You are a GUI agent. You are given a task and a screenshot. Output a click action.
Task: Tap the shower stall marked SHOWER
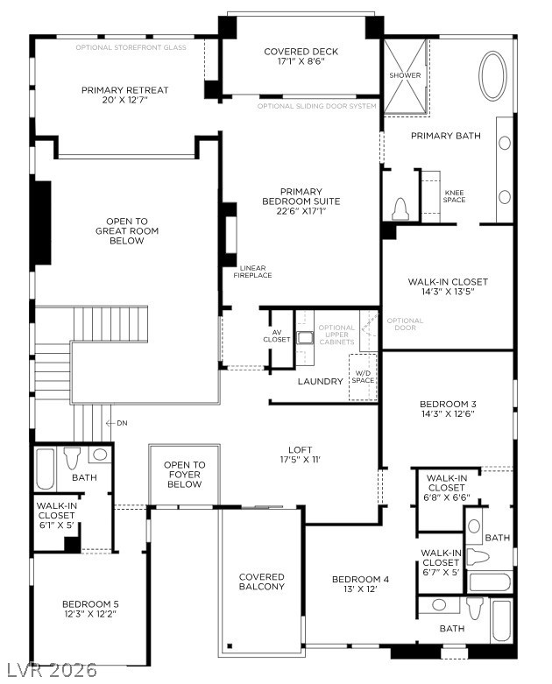point(406,76)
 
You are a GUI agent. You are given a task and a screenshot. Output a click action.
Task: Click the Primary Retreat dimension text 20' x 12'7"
point(125,101)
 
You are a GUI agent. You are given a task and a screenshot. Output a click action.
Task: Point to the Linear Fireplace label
point(252,271)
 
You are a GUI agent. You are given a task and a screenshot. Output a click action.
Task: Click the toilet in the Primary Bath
point(400,208)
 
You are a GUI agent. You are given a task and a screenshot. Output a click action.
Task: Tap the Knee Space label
point(455,196)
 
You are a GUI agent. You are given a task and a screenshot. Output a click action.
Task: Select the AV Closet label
point(276,335)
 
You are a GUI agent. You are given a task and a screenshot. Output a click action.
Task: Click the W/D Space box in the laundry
point(362,377)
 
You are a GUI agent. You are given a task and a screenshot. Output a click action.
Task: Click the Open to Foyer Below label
point(184,475)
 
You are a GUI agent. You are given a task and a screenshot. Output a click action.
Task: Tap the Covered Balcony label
point(262,582)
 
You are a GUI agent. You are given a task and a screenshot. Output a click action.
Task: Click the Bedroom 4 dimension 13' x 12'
point(360,589)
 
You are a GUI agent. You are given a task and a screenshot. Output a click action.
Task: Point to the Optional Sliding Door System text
point(317,106)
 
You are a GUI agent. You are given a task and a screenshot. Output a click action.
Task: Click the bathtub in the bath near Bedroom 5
point(46,469)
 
